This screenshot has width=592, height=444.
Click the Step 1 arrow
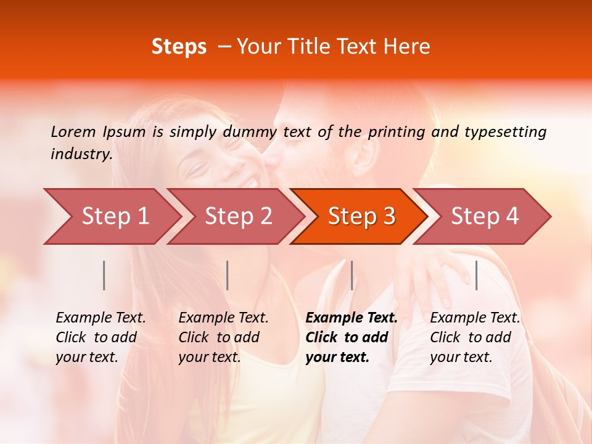pos(114,216)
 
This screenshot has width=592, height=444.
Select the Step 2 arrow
pos(237,216)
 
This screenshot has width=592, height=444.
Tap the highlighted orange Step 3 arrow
pos(361,216)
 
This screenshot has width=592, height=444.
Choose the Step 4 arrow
pos(484,216)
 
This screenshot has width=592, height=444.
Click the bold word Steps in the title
pos(179,47)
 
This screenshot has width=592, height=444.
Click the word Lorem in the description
pos(73,131)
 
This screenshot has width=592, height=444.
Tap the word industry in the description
pos(81,154)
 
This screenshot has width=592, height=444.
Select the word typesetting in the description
pos(505,131)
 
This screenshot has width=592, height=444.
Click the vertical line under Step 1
pos(104,275)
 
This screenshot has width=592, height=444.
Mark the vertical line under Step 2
pos(228,275)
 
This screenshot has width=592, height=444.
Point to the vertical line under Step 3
pos(351,275)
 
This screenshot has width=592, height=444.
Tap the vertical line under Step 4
pos(476,275)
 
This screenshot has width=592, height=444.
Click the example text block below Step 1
pos(101,337)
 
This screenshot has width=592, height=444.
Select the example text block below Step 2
pos(223,337)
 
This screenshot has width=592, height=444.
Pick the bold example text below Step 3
pos(351,337)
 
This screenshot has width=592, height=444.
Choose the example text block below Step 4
pos(475,337)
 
